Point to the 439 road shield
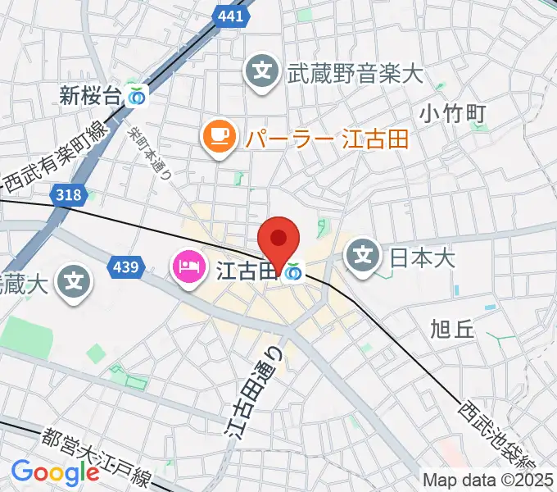click(127, 266)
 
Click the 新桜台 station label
click(90, 96)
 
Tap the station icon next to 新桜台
click(138, 97)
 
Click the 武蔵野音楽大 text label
click(354, 75)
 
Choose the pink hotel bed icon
click(188, 268)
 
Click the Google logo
click(55, 471)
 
